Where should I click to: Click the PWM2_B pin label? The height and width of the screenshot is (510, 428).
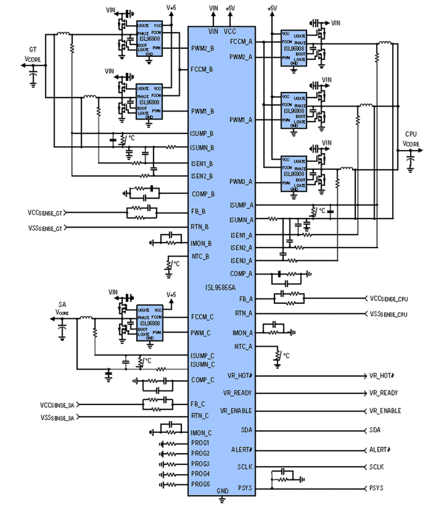(202, 48)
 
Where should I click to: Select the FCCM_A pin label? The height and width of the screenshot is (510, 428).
(241, 42)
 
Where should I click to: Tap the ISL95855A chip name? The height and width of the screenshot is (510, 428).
(220, 288)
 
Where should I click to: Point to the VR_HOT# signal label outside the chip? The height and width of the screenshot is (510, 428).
(382, 376)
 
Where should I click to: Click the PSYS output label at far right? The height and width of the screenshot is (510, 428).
(376, 488)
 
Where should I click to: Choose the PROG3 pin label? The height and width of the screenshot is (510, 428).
(200, 464)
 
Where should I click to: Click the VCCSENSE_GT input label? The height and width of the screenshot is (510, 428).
(45, 213)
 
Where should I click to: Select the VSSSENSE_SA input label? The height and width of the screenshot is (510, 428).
(57, 418)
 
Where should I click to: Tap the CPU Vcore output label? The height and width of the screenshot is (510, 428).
(411, 139)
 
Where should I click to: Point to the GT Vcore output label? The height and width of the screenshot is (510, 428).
(33, 55)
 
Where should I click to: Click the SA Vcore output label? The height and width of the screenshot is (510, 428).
(62, 308)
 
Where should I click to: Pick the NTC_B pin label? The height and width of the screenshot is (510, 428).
(200, 257)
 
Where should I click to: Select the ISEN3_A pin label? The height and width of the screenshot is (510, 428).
(241, 261)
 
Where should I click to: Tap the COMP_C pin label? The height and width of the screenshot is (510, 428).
(202, 380)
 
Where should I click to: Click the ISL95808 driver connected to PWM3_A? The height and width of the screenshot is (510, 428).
(294, 173)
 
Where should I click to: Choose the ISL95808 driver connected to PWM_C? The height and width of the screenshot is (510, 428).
(150, 323)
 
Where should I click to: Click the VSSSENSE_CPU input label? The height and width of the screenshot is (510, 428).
(388, 314)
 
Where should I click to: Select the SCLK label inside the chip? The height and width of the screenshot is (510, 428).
(245, 467)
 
